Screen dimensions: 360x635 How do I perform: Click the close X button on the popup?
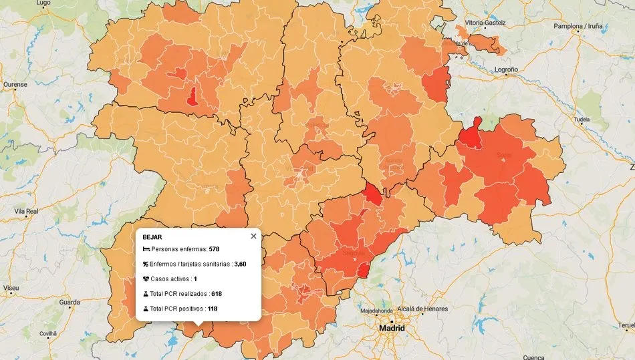(253, 236)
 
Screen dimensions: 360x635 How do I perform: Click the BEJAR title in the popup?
(152, 237)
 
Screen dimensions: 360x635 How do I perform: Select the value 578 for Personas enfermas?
(214, 249)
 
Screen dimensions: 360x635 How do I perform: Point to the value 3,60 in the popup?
(240, 264)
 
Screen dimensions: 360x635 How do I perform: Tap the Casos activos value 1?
(195, 279)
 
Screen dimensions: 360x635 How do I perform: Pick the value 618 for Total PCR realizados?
(216, 294)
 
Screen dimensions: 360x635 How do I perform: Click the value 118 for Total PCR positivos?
(213, 309)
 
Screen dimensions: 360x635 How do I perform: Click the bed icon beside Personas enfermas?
(146, 249)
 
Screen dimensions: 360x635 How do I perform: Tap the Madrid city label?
(392, 329)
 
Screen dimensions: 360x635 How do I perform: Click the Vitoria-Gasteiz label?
(485, 23)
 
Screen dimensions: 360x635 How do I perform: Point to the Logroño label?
(505, 69)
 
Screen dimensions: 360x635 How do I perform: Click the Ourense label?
(15, 85)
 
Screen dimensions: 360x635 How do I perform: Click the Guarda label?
(70, 302)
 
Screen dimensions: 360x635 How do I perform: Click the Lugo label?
(43, 3)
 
